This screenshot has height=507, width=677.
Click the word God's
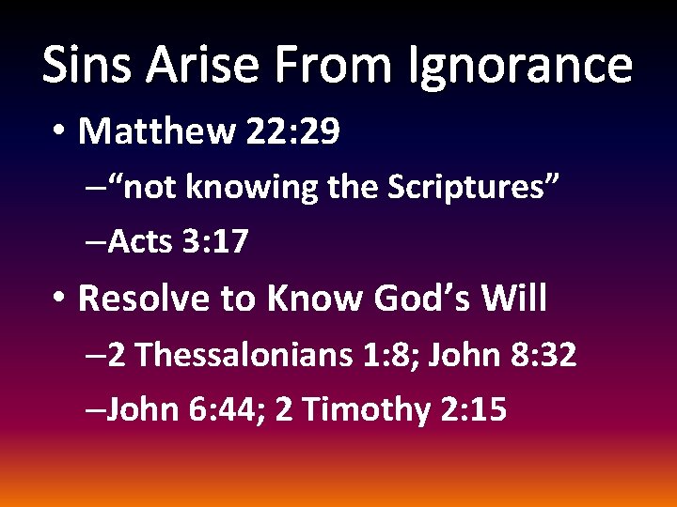422,299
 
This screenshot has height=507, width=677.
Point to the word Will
513,299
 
